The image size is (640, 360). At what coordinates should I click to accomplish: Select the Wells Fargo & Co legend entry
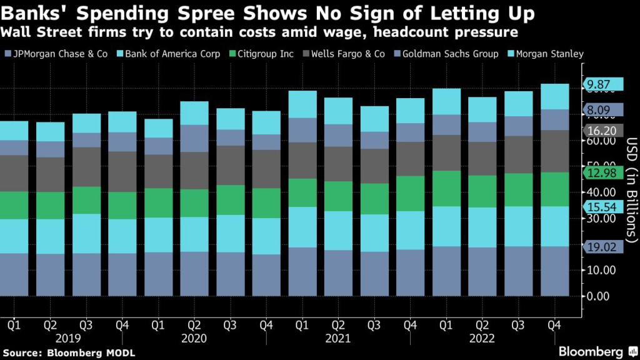click(x=347, y=54)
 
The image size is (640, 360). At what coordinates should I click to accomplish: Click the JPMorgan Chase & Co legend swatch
click(x=8, y=54)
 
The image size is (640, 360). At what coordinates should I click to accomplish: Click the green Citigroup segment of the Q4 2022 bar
click(x=555, y=189)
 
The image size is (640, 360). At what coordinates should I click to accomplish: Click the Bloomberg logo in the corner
click(x=592, y=351)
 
